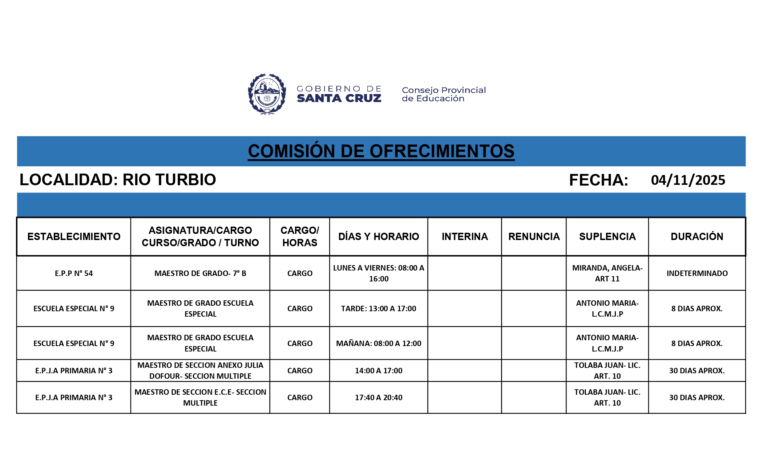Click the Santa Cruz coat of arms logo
267,94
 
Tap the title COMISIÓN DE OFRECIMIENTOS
381,151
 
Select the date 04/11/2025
688,180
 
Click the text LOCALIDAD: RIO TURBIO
118,180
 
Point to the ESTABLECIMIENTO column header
74,237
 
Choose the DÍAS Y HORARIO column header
379,237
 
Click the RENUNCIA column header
534,237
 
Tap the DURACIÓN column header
697,237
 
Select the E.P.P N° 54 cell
74,273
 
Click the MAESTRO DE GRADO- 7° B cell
200,273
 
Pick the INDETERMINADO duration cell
697,273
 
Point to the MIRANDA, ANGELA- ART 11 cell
607,273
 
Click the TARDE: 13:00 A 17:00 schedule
379,309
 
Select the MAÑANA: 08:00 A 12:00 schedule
379,344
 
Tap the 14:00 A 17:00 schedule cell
379,371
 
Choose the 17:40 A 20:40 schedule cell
379,398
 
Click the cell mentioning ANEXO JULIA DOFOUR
200,371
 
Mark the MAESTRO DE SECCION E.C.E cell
200,398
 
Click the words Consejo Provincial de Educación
444,94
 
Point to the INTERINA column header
465,237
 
